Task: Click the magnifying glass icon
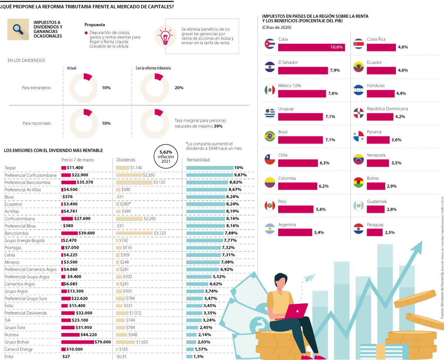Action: coord(18,29)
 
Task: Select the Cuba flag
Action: coord(269,44)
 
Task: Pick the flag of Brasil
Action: coord(269,137)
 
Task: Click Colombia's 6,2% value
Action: coord(324,186)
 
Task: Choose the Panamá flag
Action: coord(359,137)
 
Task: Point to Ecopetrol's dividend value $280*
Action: coord(125,204)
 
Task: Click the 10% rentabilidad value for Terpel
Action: coord(239,168)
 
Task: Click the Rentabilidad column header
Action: coord(198,160)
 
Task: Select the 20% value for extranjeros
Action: coord(179,88)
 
